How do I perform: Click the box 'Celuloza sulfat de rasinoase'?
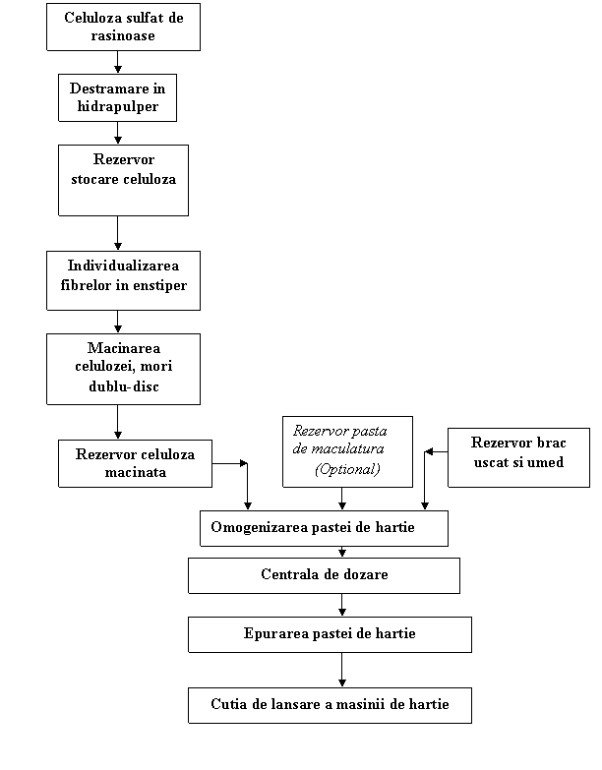pos(123,27)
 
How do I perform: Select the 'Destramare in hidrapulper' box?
pos(117,97)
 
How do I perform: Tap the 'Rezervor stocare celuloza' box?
pos(123,180)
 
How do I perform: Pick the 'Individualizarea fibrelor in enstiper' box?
pos(123,280)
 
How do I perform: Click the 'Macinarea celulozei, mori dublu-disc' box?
pos(123,369)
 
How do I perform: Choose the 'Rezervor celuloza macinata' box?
pos(135,463)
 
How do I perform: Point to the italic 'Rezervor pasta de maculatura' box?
pos(347,451)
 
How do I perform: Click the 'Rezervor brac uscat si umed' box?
pos(518,457)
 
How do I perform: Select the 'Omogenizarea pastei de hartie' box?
pos(324,528)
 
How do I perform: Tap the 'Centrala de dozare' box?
pos(324,575)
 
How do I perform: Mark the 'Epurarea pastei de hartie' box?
pos(330,634)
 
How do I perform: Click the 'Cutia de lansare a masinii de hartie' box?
pos(330,705)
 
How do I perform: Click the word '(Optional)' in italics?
pos(347,469)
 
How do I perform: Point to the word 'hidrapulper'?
pos(118,106)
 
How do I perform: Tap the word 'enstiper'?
pos(159,285)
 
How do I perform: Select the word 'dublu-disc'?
pos(124,386)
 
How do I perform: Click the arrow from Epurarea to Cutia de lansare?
pos(341,670)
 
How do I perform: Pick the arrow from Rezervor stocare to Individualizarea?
pos(117,233)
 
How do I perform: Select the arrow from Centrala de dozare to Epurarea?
pos(341,605)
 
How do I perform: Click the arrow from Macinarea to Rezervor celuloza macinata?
pos(117,422)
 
